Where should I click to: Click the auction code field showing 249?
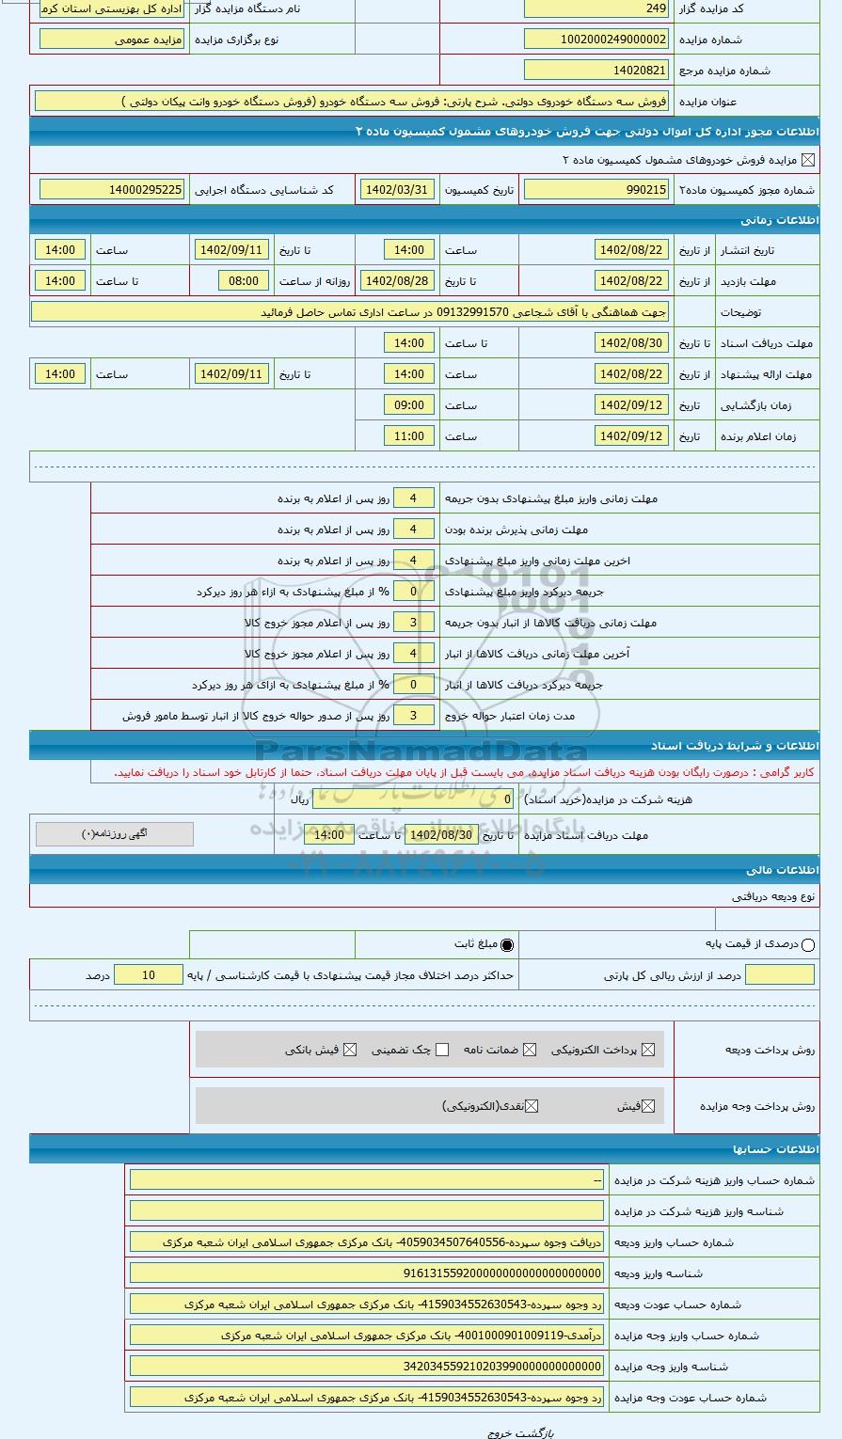pyautogui.click(x=596, y=8)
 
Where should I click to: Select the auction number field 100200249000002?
pyautogui.click(x=596, y=40)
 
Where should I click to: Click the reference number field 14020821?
pyautogui.click(x=596, y=71)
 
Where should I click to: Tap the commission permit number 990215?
pyautogui.click(x=596, y=190)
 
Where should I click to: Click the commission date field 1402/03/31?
pyautogui.click(x=396, y=190)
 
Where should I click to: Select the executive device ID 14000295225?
pyautogui.click(x=112, y=190)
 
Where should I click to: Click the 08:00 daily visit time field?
pyautogui.click(x=244, y=281)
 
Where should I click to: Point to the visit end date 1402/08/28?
pyautogui.click(x=396, y=281)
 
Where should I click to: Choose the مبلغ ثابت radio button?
pyautogui.click(x=508, y=944)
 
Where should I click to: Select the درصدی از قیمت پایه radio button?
pyautogui.click(x=807, y=944)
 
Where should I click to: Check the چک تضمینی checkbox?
pyautogui.click(x=442, y=1050)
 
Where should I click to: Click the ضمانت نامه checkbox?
pyautogui.click(x=530, y=1050)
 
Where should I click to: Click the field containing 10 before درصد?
pyautogui.click(x=148, y=975)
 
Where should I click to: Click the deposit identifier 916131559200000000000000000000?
pyautogui.click(x=367, y=1273)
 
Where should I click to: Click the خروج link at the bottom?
pyautogui.click(x=499, y=1432)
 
